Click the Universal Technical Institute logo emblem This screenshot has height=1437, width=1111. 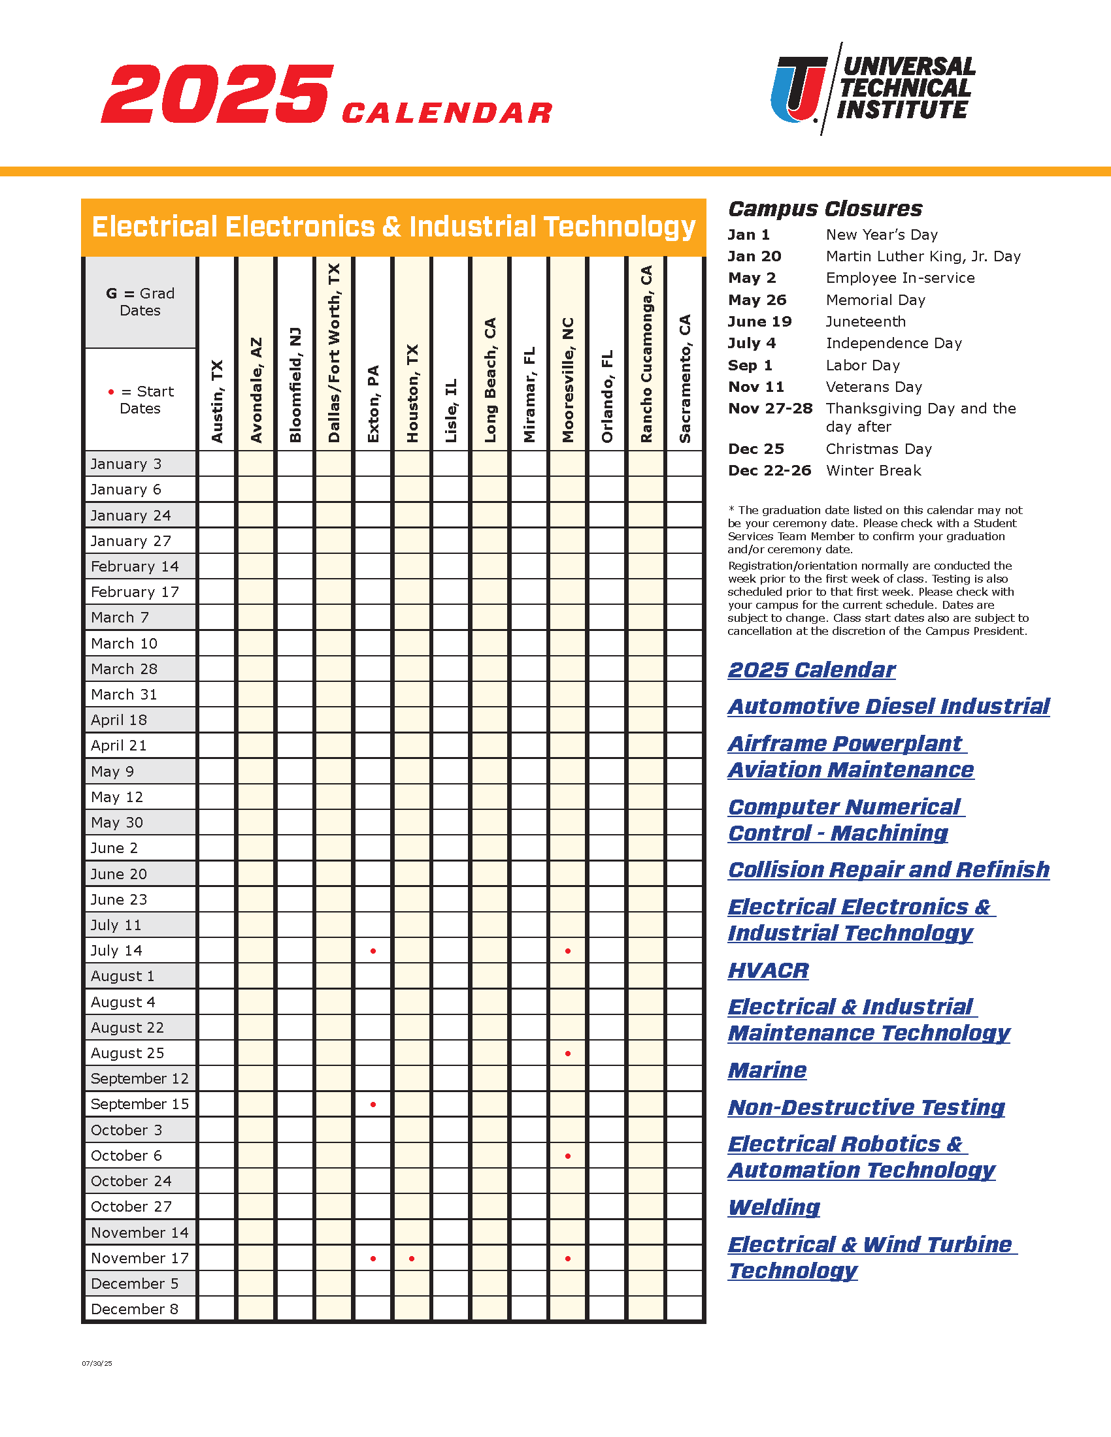799,89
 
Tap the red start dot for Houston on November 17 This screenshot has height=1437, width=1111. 412,1259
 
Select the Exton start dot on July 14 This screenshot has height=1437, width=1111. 373,951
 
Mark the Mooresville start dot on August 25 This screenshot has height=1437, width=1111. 568,1054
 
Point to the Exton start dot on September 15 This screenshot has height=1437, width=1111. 373,1105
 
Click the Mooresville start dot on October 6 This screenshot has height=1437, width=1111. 568,1156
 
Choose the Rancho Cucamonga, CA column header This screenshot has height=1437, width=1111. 646,354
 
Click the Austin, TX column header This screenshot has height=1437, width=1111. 217,400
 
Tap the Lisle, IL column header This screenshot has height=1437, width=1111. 451,411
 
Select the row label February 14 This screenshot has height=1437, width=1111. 135,566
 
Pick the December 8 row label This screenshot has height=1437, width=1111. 134,1310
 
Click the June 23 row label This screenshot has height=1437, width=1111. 119,899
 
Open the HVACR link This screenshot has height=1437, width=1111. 768,971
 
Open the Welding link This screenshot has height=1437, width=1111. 774,1207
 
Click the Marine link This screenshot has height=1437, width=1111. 767,1071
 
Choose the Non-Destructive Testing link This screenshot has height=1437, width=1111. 866,1107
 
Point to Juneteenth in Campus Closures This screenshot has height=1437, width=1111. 865,322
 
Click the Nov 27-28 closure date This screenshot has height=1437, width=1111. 770,409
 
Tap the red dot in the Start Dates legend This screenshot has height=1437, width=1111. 111,392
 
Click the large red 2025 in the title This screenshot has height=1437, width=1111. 217,94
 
